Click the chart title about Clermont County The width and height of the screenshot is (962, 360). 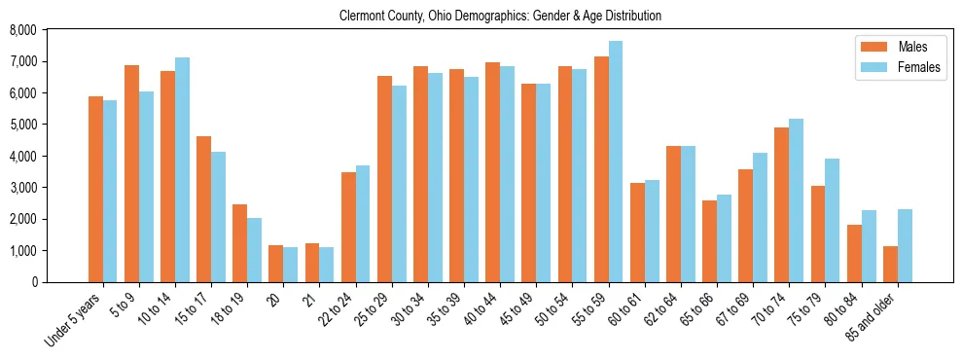point(500,17)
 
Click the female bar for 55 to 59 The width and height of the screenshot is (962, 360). point(616,162)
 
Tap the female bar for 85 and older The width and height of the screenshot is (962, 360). point(905,246)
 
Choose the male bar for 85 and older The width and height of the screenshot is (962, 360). point(890,265)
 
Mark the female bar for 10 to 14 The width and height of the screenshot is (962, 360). point(182,170)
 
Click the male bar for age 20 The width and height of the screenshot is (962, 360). point(276,264)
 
